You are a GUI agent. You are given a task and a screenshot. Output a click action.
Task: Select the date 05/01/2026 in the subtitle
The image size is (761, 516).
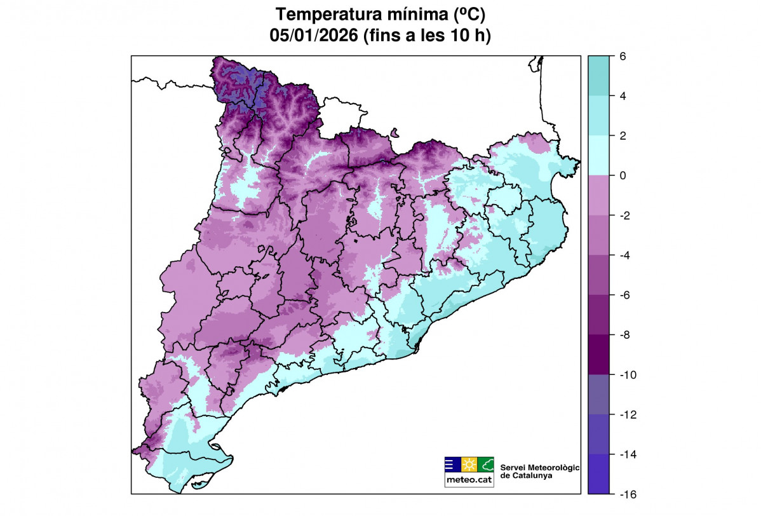click(313, 36)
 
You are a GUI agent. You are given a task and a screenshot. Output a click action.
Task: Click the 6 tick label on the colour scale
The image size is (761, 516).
click(623, 57)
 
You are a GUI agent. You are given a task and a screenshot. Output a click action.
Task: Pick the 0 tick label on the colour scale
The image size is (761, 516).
click(623, 175)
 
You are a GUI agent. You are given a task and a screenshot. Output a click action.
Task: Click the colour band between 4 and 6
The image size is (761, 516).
click(598, 76)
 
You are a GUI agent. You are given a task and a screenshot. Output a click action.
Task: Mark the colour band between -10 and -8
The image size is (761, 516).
click(598, 354)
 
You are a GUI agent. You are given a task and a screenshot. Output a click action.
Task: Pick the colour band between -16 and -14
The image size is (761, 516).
click(598, 474)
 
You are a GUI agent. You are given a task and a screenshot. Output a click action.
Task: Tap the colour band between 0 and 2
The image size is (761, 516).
click(598, 155)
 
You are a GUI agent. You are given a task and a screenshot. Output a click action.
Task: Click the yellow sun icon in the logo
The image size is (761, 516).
click(469, 464)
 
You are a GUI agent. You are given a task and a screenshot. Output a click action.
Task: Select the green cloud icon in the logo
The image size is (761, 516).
click(485, 464)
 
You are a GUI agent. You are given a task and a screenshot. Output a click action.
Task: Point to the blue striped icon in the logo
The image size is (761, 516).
click(452, 464)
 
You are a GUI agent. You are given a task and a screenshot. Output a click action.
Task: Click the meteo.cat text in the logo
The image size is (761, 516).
click(469, 480)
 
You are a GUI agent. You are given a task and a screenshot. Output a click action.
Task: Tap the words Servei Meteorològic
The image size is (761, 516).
click(540, 467)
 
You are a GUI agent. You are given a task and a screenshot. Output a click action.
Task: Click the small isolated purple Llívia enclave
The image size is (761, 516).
click(394, 133)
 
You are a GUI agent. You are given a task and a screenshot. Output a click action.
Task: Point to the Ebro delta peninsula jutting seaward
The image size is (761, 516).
click(216, 454)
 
